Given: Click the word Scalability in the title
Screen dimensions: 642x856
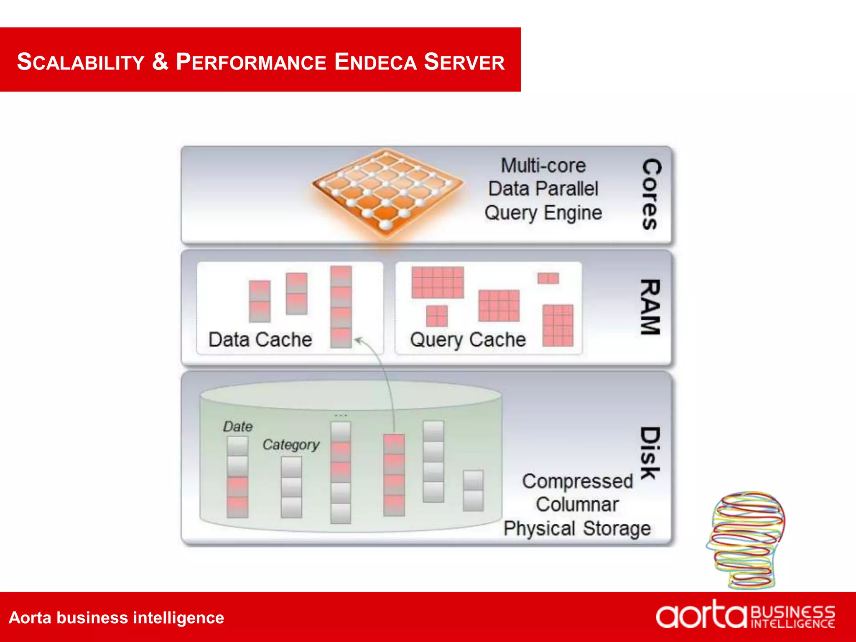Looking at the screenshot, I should [80, 62].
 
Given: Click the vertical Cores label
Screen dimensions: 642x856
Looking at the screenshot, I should [651, 194].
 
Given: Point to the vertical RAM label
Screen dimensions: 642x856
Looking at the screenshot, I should [650, 307].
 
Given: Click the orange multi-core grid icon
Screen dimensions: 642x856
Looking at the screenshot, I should [387, 190].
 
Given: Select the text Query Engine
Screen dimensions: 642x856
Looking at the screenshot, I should [543, 213].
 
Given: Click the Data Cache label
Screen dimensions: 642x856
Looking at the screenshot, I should [260, 339].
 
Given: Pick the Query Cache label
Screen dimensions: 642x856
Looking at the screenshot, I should [468, 339].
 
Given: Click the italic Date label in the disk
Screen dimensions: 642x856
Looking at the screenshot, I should [238, 427].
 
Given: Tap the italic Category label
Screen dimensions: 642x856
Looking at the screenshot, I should [291, 445].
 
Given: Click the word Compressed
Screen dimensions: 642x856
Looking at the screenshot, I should [577, 481].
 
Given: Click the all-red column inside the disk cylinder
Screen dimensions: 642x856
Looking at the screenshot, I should [394, 474].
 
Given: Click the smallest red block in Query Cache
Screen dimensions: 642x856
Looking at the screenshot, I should [548, 278].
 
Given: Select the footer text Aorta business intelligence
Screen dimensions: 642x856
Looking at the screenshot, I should [116, 617].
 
